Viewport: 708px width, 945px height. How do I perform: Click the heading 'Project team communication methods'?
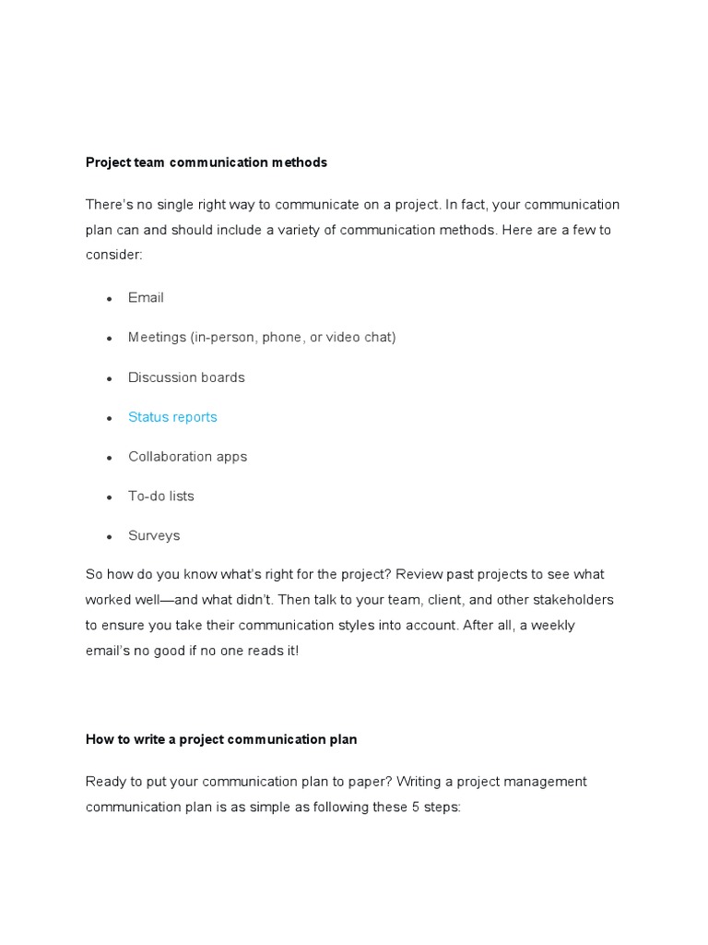tap(206, 162)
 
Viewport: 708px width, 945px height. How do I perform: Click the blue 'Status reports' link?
tap(172, 417)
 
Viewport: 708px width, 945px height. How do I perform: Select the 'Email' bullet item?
tap(146, 298)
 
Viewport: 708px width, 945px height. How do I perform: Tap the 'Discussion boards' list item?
tap(186, 377)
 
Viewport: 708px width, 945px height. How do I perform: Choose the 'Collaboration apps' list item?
tap(187, 457)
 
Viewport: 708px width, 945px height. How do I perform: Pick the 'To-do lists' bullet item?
tap(161, 496)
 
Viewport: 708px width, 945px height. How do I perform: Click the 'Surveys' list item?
tap(154, 536)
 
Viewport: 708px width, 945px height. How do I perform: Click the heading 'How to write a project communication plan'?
tap(221, 739)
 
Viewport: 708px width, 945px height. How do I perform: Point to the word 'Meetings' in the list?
tap(157, 338)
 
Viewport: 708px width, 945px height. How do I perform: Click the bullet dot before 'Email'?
tap(109, 299)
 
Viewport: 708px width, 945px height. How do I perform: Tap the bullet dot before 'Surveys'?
tap(109, 537)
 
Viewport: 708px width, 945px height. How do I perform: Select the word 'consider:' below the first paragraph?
tap(114, 255)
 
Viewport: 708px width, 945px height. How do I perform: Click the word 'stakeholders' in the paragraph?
tap(573, 600)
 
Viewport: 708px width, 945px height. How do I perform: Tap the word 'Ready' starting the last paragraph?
tap(105, 782)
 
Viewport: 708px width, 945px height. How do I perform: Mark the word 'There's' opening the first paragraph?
tap(110, 204)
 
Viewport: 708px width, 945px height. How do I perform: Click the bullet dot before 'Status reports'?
tap(109, 418)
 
